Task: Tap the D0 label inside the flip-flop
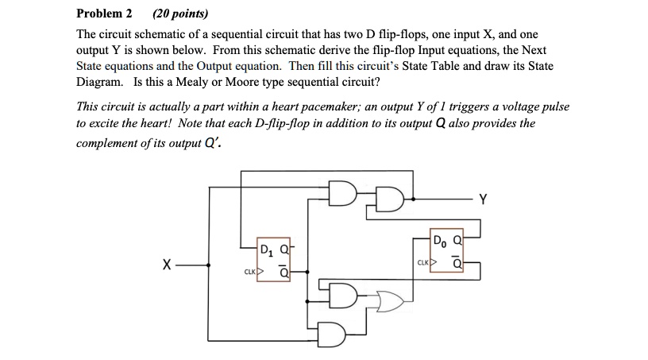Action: pos(440,241)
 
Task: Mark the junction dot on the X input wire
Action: pos(210,265)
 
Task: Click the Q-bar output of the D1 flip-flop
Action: pos(284,271)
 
